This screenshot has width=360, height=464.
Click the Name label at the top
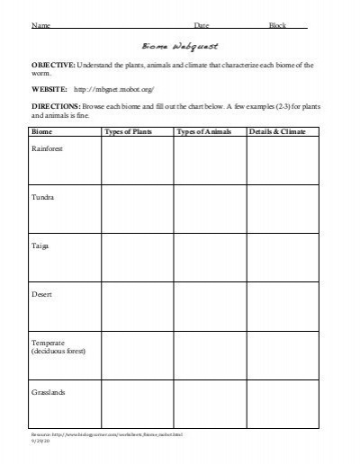pyautogui.click(x=40, y=25)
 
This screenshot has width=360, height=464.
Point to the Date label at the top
pyautogui.click(x=202, y=25)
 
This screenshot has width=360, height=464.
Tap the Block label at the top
pyautogui.click(x=278, y=25)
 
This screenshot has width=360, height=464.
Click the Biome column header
pyautogui.click(x=42, y=131)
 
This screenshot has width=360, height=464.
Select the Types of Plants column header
pyautogui.click(x=130, y=131)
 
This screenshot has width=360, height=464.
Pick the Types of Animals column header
pyautogui.click(x=204, y=131)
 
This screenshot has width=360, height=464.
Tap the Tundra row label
pyautogui.click(x=43, y=195)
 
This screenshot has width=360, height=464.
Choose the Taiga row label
pyautogui.click(x=41, y=245)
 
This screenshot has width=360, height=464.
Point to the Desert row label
pyautogui.click(x=42, y=293)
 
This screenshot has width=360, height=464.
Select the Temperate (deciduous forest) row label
pyautogui.click(x=58, y=347)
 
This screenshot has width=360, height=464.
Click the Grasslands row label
pyautogui.click(x=49, y=392)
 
